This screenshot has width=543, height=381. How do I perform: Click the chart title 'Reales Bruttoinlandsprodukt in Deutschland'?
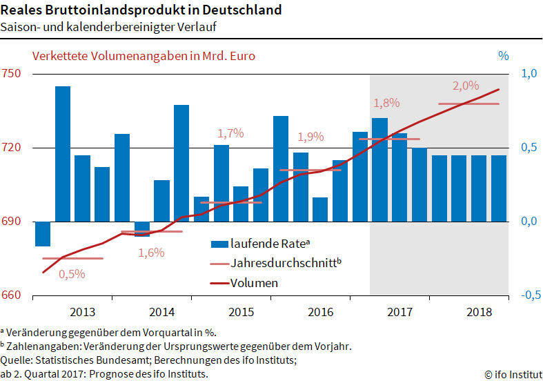point(141,10)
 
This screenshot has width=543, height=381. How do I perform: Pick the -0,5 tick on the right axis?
point(527,295)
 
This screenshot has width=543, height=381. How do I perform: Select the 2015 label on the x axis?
point(241,312)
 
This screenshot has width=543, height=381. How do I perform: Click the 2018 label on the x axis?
point(480,312)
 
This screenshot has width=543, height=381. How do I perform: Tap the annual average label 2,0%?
point(466,86)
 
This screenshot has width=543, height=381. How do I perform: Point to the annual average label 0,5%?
point(72,274)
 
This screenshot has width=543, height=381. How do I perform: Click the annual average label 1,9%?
point(310,137)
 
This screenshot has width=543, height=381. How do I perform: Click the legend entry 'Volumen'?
point(254,283)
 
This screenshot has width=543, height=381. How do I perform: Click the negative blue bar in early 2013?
point(43,233)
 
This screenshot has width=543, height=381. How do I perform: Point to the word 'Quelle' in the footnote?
point(16,360)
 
